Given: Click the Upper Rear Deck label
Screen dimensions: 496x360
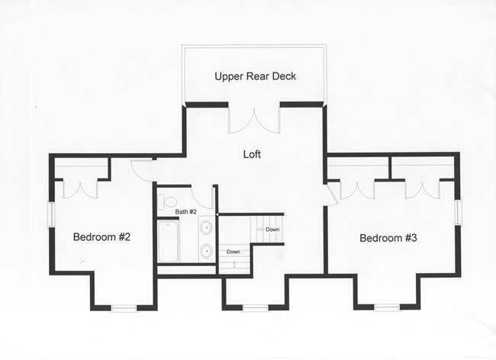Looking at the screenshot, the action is click(256, 76).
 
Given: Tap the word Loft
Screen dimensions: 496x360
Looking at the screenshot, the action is click(252, 154).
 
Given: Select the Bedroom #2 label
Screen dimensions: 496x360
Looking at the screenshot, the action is click(101, 236).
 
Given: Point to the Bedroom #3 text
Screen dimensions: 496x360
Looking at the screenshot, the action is click(388, 238).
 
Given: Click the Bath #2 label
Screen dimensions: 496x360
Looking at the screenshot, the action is click(186, 212).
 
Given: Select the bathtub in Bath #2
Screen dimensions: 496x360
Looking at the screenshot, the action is click(168, 242).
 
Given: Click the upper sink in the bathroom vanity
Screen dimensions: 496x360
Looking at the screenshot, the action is click(206, 227).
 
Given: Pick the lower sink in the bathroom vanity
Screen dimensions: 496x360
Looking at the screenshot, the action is click(206, 250).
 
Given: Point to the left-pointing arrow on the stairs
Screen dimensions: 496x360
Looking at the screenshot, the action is click(260, 229).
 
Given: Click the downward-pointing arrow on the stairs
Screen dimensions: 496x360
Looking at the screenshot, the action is click(234, 263).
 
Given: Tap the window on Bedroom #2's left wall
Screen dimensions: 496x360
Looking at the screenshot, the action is click(51, 214).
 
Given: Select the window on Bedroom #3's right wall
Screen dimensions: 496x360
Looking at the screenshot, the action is click(458, 211).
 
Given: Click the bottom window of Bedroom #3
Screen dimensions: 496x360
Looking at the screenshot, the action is click(387, 307).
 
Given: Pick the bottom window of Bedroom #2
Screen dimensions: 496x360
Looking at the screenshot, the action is click(124, 308).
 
